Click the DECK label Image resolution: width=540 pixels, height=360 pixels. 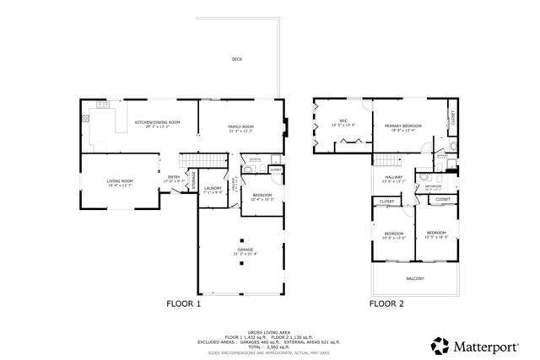coord(237,59)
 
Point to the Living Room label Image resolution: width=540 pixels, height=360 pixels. coord(120,182)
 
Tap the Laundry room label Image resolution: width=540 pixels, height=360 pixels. coord(213,190)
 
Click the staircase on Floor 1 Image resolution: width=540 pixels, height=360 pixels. coord(207,161)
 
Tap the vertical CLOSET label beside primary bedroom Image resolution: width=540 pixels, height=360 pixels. coord(451,118)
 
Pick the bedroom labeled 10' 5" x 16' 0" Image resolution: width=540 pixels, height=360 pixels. coord(436,234)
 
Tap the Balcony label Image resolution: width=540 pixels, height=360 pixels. coord(415,279)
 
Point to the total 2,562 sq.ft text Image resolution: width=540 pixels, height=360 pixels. coord(270,347)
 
